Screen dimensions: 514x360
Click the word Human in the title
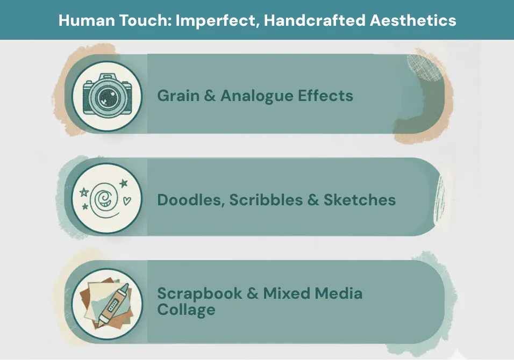(x=86, y=20)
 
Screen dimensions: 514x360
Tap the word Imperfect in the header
(x=216, y=21)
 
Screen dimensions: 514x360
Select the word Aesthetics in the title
(x=413, y=20)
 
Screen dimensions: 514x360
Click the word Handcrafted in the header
(x=315, y=20)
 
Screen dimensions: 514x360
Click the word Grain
(x=179, y=96)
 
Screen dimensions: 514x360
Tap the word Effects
(x=325, y=96)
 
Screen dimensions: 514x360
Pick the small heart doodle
(x=127, y=200)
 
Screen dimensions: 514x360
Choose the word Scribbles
(x=266, y=200)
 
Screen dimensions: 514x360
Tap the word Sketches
(x=360, y=200)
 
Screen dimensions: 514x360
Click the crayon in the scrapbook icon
(x=113, y=305)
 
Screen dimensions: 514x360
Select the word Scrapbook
(x=199, y=293)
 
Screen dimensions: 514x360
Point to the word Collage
(x=186, y=309)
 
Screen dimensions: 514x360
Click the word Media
(x=338, y=293)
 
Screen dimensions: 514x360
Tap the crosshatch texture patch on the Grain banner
(x=425, y=67)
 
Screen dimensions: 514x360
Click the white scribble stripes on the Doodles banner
(x=440, y=200)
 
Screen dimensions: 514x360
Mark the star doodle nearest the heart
(x=124, y=183)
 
